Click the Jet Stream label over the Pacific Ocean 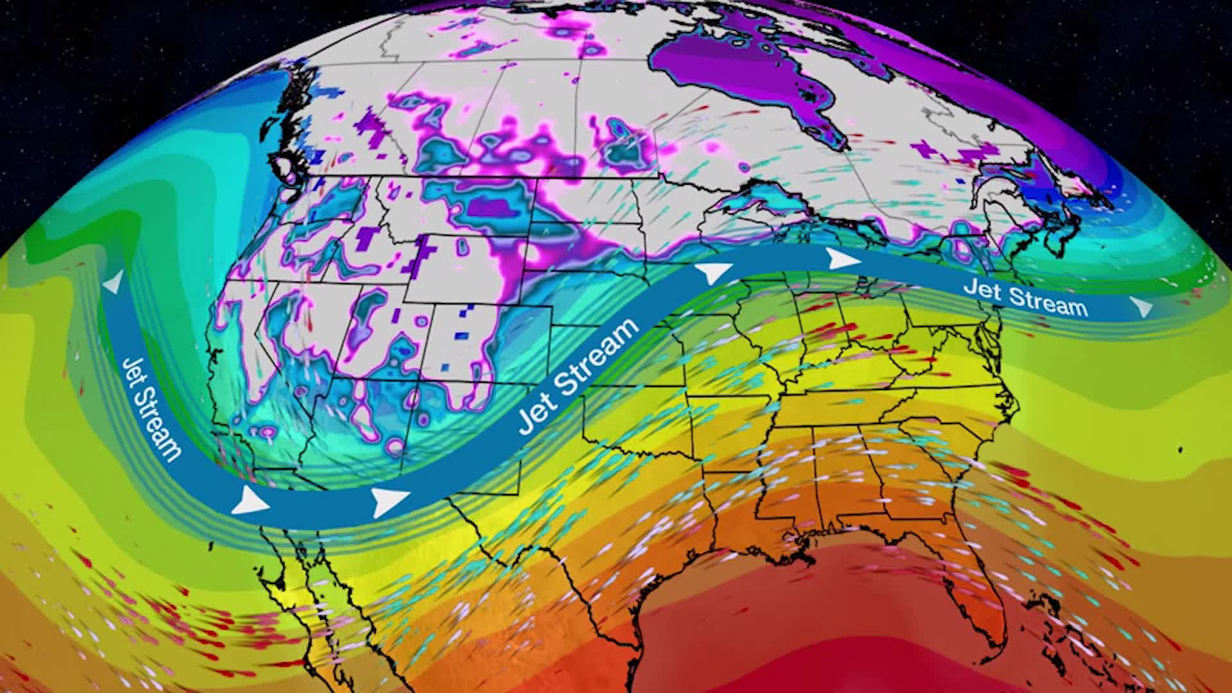point(149,409)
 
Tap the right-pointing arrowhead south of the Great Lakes point(843,259)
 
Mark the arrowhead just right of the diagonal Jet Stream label point(714,273)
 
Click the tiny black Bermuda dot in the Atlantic point(1181,450)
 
